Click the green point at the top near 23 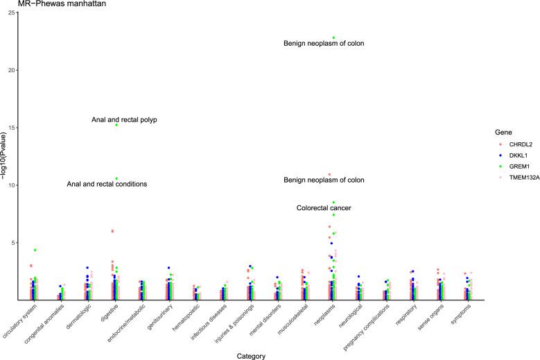(x=333, y=37)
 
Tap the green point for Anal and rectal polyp (x=116, y=125)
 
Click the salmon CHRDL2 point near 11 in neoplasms (x=329, y=174)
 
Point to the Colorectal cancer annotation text (x=324, y=208)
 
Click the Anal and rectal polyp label (x=124, y=120)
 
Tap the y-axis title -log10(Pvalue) (x=5, y=157)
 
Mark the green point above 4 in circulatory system (x=35, y=250)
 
